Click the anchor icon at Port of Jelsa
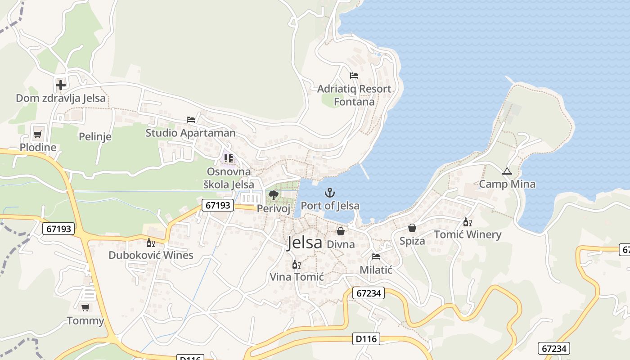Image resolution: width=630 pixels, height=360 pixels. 330,193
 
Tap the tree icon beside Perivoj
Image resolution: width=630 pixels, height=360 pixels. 273,195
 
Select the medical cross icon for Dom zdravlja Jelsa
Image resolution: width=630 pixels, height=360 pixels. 60,85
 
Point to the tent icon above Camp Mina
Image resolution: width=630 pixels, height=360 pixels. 507,171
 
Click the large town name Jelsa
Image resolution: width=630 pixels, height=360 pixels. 305,243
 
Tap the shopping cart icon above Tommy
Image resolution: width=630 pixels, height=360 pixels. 85,308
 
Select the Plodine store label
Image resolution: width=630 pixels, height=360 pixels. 38,147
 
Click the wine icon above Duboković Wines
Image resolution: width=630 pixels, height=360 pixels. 150,243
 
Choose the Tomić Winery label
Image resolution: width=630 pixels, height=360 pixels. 468,234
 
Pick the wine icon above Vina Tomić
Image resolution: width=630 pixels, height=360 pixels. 296,264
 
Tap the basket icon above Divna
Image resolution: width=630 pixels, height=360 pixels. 341,231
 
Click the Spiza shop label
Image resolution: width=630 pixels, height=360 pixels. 412,241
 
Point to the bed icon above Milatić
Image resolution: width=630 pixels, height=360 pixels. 376,257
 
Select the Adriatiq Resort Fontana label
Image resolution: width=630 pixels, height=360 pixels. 354,95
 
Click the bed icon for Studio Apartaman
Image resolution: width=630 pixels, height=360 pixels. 191,120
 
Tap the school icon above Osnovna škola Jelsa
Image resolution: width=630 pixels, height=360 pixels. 229,158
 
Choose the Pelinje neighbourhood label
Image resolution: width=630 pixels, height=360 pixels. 95,136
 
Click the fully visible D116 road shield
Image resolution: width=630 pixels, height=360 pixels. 367,338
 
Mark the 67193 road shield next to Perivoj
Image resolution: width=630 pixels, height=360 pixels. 218,205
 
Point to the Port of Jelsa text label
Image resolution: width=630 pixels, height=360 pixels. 330,206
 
